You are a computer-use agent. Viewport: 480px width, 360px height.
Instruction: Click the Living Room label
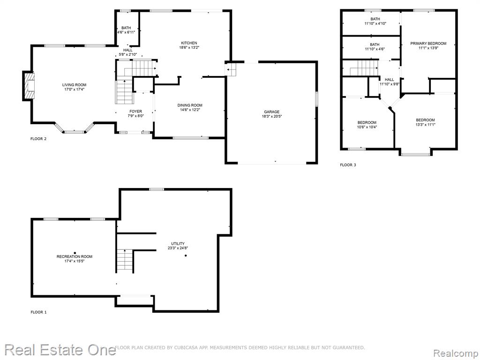(x=75, y=85)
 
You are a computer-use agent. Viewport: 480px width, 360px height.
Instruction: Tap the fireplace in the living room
(x=29, y=86)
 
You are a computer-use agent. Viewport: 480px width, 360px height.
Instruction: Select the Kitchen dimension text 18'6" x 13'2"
(x=189, y=47)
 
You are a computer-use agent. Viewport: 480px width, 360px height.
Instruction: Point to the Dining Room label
(x=190, y=105)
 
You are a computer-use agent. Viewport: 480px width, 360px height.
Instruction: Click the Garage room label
(x=272, y=112)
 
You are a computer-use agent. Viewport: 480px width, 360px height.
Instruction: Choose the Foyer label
(x=135, y=112)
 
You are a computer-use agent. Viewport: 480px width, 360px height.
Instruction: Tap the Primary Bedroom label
(x=428, y=44)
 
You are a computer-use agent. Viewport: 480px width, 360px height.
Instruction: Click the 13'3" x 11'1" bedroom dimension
(x=426, y=125)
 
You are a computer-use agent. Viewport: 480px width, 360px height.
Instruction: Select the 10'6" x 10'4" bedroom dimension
(x=367, y=127)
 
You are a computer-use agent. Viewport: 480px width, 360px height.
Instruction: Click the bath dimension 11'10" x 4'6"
(x=375, y=49)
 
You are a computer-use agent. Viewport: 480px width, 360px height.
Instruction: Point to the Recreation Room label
(x=75, y=256)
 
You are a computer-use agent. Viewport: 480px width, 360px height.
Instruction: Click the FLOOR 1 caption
(x=38, y=312)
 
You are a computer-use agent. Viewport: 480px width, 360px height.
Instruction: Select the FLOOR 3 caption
(x=348, y=165)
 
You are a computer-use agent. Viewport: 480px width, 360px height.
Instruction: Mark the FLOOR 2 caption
(x=38, y=139)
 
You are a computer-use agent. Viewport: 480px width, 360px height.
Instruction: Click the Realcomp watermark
(x=456, y=353)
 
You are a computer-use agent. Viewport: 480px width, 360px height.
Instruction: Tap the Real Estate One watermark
(x=60, y=350)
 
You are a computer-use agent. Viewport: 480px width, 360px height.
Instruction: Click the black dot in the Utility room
(x=186, y=255)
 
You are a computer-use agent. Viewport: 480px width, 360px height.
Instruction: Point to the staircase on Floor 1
(x=125, y=261)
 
